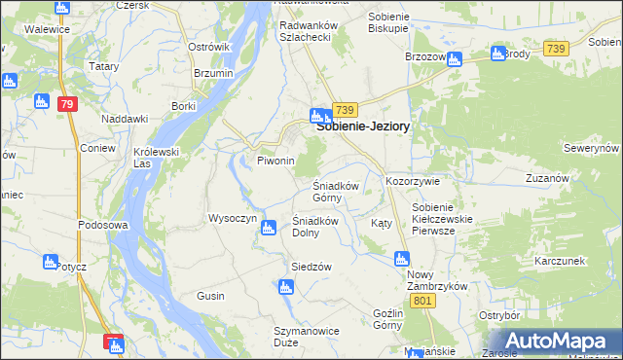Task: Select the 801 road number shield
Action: tap(421, 302)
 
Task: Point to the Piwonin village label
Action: tap(275, 161)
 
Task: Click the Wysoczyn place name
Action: tap(232, 218)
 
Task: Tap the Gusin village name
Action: tap(210, 296)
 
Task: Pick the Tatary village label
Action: tap(103, 66)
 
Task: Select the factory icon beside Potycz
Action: tap(51, 261)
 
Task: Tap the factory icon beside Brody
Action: tap(498, 53)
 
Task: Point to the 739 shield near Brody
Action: tap(556, 48)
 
